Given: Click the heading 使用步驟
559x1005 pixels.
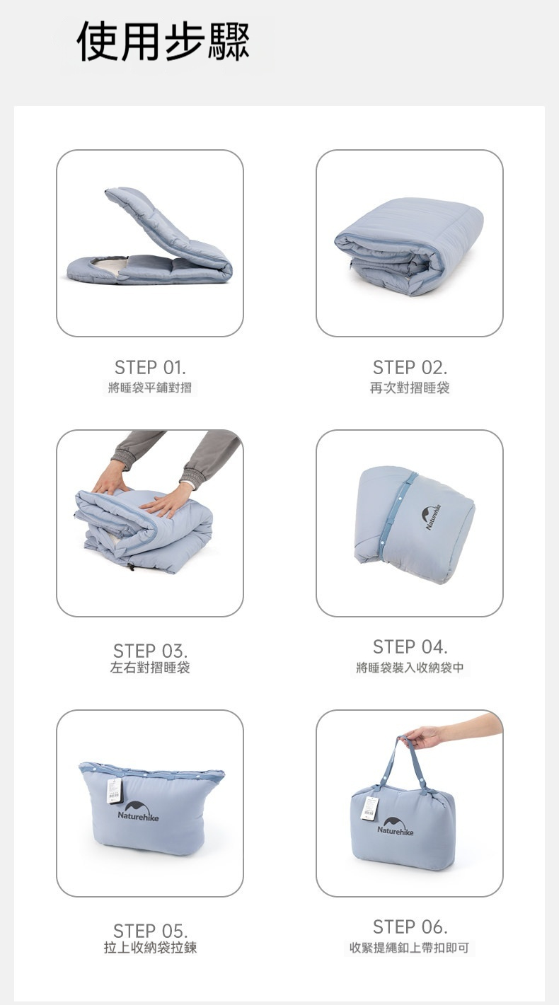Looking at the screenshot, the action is click(x=163, y=42).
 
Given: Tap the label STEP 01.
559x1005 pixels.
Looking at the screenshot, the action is click(x=150, y=368).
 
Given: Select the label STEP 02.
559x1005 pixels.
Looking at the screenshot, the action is click(x=410, y=368).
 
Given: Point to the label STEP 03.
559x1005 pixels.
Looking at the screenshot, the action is click(x=150, y=651).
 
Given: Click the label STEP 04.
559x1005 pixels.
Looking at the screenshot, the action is click(x=410, y=647).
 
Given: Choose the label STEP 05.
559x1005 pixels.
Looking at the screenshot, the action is click(x=150, y=931).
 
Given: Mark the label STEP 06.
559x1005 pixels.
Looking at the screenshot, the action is click(x=410, y=926).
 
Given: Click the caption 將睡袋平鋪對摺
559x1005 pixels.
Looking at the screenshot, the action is click(x=150, y=388).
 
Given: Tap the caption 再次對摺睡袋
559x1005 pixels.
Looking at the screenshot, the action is click(x=410, y=388).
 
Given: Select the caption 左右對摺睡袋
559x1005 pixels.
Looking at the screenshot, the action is click(x=150, y=668).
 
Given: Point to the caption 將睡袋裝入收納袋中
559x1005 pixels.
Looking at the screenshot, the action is click(x=410, y=668).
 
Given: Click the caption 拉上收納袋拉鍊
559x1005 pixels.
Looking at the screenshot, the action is click(x=150, y=948).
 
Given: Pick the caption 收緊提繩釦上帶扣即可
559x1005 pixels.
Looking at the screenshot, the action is click(x=410, y=948).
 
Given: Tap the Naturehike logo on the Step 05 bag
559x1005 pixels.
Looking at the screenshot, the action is click(x=138, y=812).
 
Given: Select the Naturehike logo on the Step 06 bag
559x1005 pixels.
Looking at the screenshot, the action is click(x=395, y=827).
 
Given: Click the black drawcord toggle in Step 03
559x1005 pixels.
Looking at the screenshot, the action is click(x=132, y=567).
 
